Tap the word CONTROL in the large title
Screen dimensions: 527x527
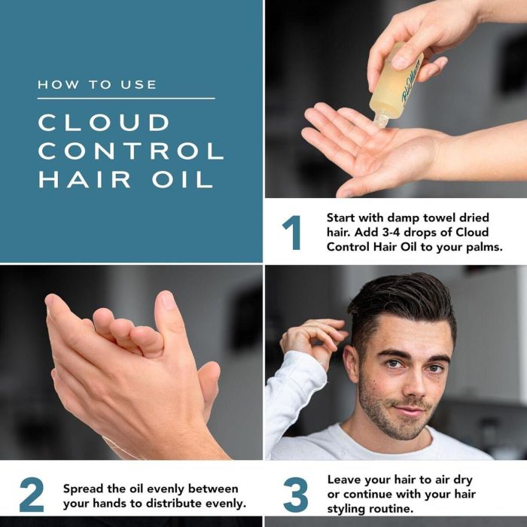131,151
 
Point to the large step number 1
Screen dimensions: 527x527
291,232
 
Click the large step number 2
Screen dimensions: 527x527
32,495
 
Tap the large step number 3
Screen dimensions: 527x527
295,495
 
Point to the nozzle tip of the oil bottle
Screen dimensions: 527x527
381,120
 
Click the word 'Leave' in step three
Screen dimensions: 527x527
345,479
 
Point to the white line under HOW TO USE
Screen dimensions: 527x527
126,98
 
